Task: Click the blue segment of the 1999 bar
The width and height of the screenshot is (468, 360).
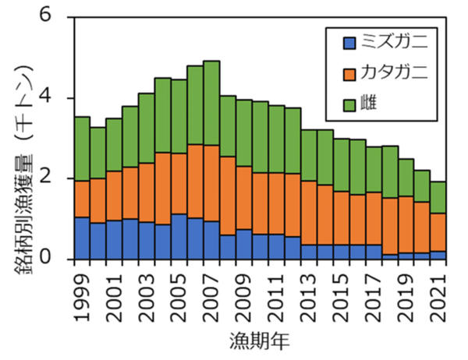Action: tap(82, 238)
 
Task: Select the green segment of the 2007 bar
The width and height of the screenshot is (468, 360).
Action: tap(211, 102)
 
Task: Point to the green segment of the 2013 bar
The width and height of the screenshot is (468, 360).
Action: tap(309, 155)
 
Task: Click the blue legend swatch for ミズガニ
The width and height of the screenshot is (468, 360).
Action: tap(349, 41)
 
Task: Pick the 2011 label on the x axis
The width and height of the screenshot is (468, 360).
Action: tap(277, 293)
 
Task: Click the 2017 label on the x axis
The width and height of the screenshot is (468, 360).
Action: tap(374, 293)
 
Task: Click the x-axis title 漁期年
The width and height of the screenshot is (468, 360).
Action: tap(261, 341)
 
